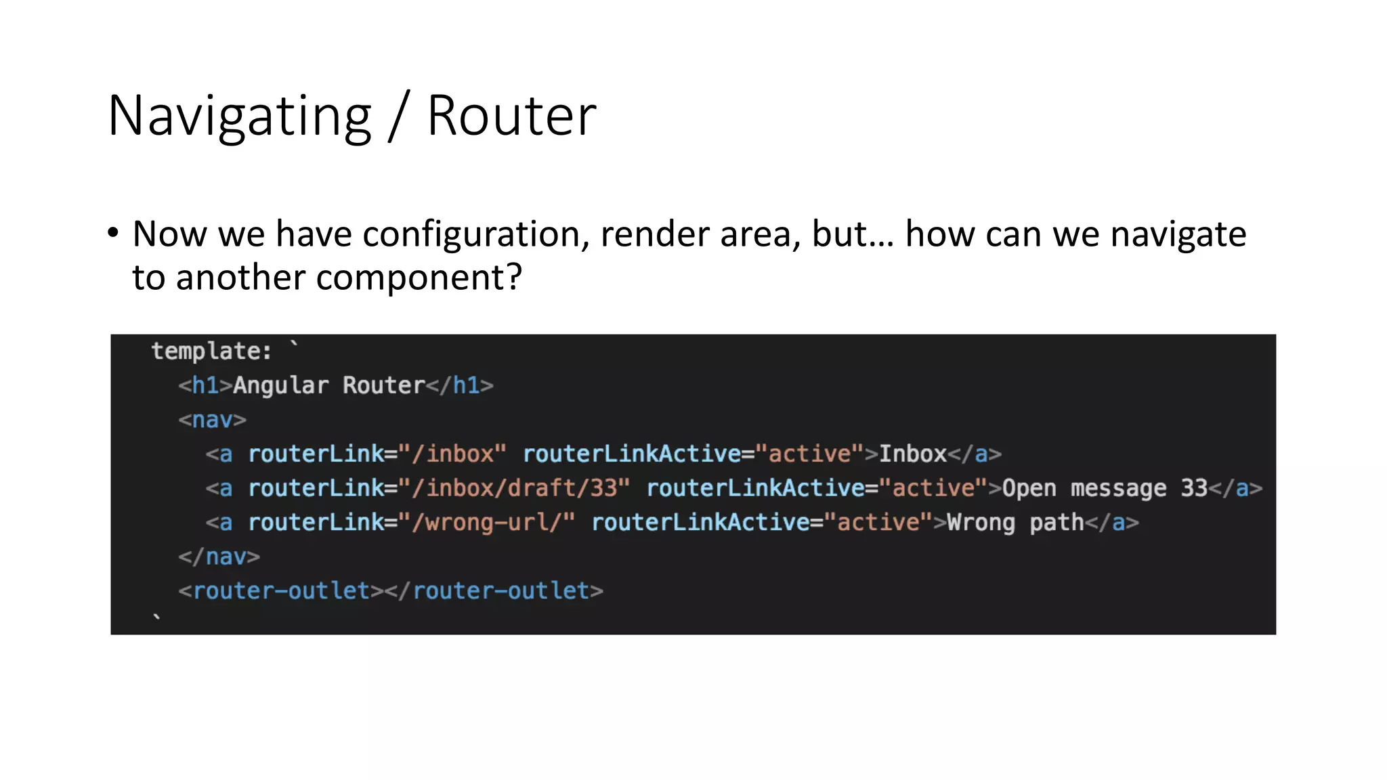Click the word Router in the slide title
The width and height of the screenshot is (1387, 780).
coord(511,116)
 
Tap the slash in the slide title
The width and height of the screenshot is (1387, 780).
coord(400,116)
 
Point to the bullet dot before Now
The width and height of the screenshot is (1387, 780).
coord(113,234)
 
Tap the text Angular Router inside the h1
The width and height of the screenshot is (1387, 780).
coord(328,385)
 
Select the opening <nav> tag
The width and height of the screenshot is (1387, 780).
coord(212,420)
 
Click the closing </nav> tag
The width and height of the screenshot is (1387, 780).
coord(219,557)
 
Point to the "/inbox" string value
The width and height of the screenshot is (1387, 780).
coord(452,454)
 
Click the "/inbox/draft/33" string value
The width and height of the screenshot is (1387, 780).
coord(514,488)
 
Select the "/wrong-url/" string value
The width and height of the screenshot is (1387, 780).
coord(486,522)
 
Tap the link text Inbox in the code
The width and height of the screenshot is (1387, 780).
coord(912,454)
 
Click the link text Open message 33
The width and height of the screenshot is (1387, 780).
coord(1105,488)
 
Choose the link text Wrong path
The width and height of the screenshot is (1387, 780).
coord(1015,522)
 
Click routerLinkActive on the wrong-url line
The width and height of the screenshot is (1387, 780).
coord(700,522)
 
